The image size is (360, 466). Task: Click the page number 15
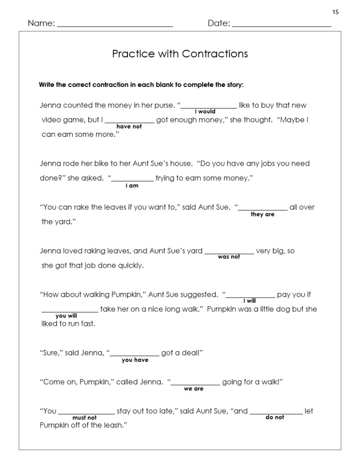(x=335, y=12)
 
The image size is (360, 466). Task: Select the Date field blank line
(x=281, y=26)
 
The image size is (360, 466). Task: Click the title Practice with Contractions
(x=180, y=54)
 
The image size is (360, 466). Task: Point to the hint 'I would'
(x=205, y=111)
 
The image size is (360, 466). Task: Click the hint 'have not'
(x=129, y=127)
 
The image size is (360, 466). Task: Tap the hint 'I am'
(x=132, y=186)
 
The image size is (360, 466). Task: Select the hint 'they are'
(x=263, y=214)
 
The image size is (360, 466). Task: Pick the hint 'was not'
(x=229, y=257)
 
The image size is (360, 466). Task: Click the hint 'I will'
(x=249, y=301)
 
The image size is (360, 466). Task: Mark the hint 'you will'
(x=66, y=315)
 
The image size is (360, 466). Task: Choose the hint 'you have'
(x=135, y=360)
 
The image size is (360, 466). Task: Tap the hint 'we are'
(x=193, y=389)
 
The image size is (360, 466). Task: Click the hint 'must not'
(x=85, y=418)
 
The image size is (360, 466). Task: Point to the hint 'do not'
(x=275, y=417)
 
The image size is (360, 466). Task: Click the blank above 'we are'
(x=196, y=384)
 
